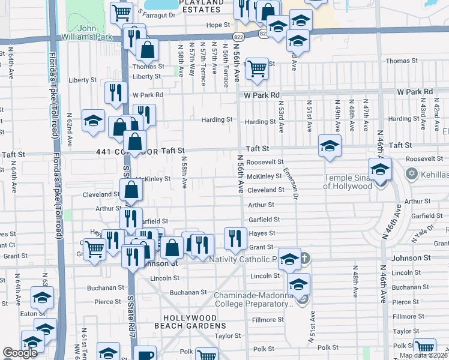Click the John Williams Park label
[88, 32]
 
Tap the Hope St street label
[218, 25]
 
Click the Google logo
[20, 353]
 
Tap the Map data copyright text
[423, 355]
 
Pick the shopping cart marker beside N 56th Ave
[257, 69]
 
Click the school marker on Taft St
[330, 146]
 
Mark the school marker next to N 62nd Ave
[94, 120]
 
